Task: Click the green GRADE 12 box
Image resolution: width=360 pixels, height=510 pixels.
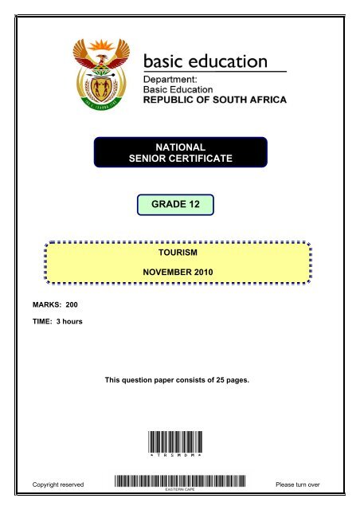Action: click(x=177, y=204)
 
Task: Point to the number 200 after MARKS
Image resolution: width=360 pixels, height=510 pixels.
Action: click(x=69, y=305)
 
